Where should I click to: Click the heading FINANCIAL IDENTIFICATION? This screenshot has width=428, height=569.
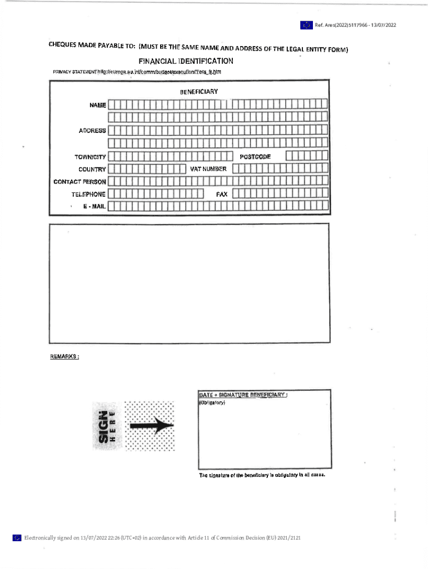click(186, 61)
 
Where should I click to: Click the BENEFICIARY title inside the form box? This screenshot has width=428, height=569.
click(198, 91)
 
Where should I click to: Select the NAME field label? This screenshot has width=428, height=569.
click(97, 104)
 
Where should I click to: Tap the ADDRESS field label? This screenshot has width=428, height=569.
click(92, 131)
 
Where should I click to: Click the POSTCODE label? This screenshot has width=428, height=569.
click(255, 157)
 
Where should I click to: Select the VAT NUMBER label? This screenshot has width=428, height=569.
click(208, 168)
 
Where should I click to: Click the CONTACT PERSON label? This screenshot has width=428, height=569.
click(79, 182)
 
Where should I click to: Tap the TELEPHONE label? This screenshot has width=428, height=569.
click(88, 194)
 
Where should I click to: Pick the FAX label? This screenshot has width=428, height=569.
click(222, 194)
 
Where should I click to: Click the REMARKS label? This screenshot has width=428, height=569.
click(64, 357)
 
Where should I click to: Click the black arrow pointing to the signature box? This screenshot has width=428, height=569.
click(151, 426)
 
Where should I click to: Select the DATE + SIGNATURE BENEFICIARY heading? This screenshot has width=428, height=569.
click(243, 395)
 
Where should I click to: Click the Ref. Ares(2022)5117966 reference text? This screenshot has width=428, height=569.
click(355, 25)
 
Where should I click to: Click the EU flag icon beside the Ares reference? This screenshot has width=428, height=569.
click(306, 25)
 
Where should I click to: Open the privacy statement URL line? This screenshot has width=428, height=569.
click(137, 72)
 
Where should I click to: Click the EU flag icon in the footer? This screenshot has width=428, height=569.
click(17, 537)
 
